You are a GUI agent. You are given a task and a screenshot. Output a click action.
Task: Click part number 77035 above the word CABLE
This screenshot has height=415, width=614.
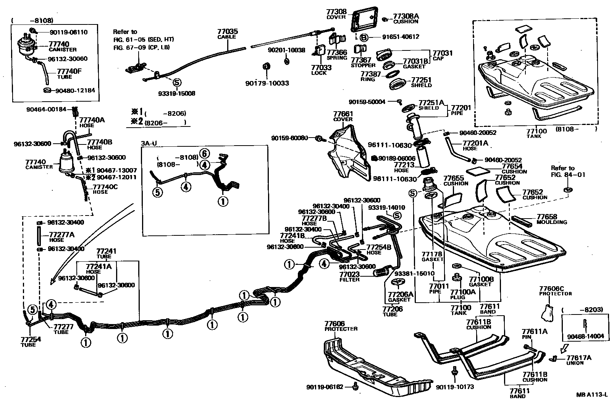click(x=228, y=31)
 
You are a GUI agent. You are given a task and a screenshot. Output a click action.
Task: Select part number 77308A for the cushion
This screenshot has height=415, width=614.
click(x=406, y=16)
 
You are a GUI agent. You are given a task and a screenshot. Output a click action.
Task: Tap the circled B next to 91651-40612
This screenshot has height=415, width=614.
click(x=364, y=37)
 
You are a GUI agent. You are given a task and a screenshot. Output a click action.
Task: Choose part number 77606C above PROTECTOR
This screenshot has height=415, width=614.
click(x=551, y=289)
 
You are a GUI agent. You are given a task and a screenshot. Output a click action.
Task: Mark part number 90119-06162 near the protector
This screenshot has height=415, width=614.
click(x=325, y=387)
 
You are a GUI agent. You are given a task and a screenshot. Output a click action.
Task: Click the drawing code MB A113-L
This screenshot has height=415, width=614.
click(x=591, y=395)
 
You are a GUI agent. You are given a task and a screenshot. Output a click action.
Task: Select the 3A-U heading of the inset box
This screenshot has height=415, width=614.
click(x=149, y=143)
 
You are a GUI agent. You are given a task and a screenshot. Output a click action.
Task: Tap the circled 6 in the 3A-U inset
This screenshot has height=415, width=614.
click(x=205, y=154)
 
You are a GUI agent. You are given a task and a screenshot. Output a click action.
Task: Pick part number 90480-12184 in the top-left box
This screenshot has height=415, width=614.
click(x=75, y=90)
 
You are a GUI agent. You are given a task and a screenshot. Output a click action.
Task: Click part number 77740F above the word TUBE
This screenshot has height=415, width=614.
click(x=69, y=71)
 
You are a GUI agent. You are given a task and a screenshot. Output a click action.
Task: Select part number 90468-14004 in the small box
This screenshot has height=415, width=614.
click(x=585, y=336)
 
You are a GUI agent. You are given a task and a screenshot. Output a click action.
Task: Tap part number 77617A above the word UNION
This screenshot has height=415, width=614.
click(x=578, y=358)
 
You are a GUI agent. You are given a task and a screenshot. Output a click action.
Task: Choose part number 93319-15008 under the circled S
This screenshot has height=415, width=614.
click(x=176, y=94)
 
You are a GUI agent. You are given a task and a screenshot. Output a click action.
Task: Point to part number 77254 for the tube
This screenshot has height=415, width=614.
click(x=31, y=339)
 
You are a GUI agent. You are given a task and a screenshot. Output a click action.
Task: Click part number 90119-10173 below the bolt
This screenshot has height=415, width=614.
click(x=454, y=387)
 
